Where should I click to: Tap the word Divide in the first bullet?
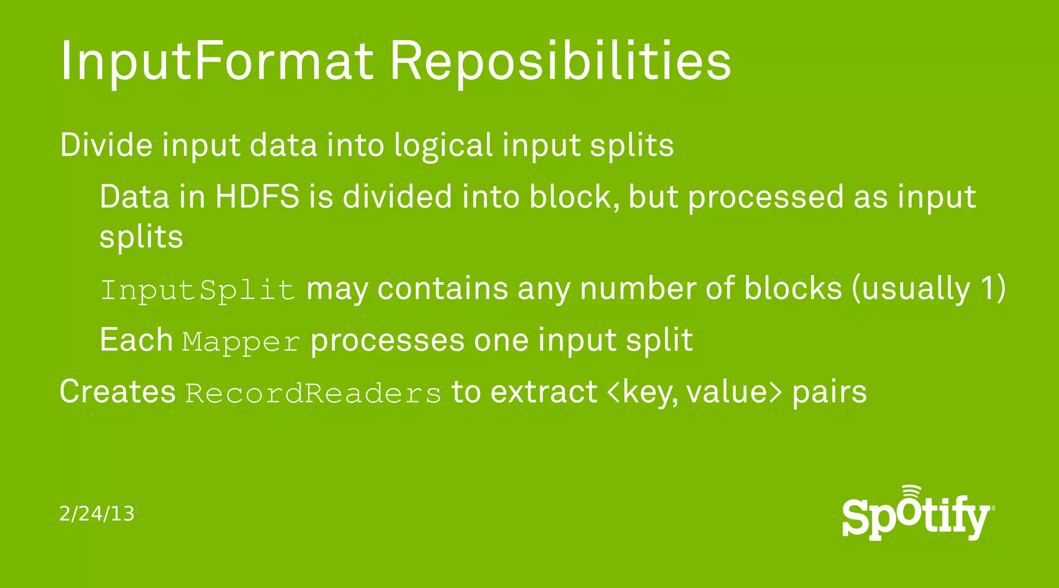106,145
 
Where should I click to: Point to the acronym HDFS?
257,197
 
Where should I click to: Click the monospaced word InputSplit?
198,289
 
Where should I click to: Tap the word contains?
443,288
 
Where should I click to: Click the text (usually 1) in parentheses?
929,288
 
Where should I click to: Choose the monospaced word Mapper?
241,342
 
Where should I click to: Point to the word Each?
136,340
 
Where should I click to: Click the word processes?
387,341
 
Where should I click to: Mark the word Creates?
117,391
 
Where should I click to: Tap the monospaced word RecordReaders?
313,393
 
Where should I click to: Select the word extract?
543,392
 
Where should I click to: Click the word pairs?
829,392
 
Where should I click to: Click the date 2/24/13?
97,513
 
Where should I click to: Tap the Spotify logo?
917,515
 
